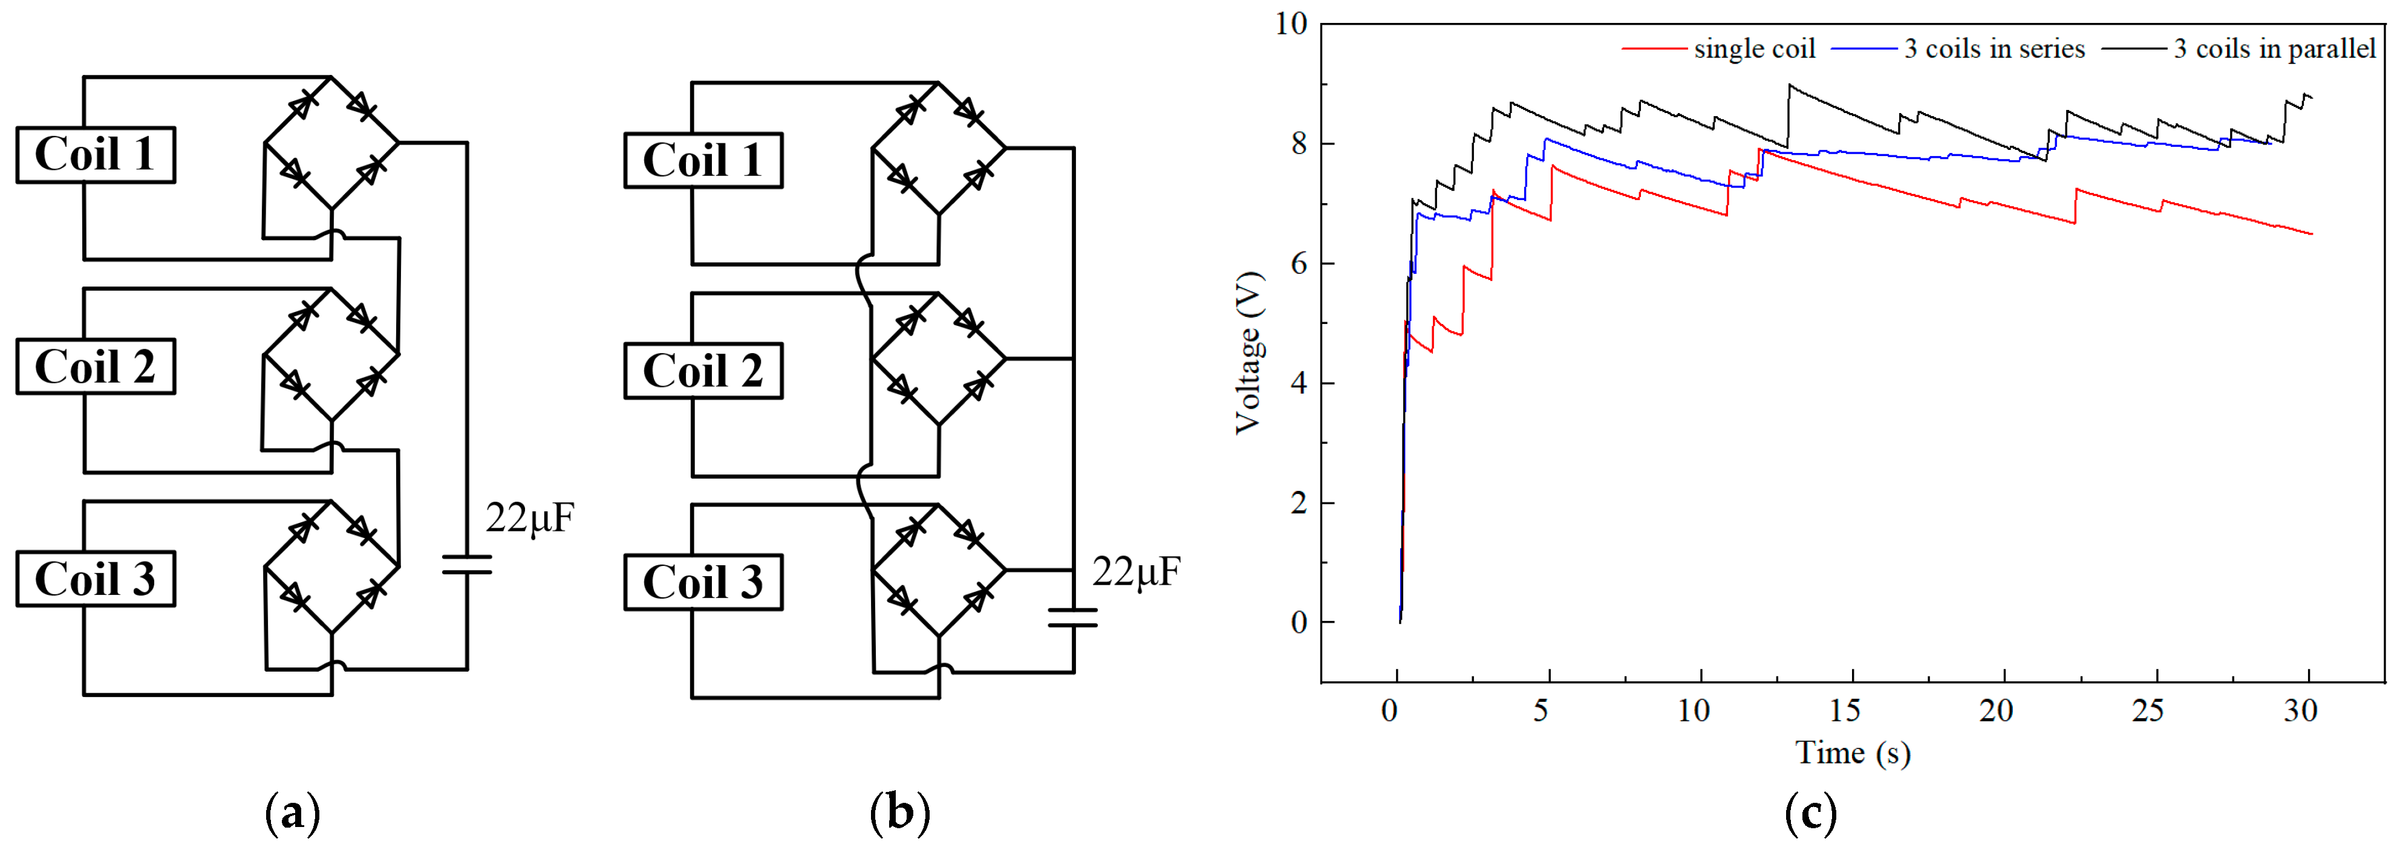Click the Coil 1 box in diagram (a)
[x=95, y=155]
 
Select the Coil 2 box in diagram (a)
[x=95, y=366]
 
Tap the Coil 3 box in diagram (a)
[x=95, y=579]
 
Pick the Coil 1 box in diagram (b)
[x=703, y=160]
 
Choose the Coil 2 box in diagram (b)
[x=703, y=371]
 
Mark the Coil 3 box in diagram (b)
[x=703, y=582]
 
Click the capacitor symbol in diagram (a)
[x=467, y=564]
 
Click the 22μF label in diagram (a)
[x=529, y=517]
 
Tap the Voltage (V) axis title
[x=1248, y=353]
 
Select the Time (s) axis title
[x=1852, y=753]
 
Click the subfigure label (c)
[x=1810, y=813]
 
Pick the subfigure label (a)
[x=293, y=813]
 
